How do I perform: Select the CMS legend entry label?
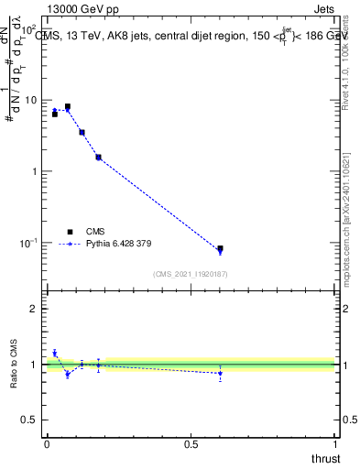click(x=95, y=232)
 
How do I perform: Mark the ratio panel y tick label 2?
click(x=35, y=309)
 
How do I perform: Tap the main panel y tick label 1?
click(x=33, y=171)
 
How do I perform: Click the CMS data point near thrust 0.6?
click(x=220, y=248)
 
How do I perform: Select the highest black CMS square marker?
click(x=68, y=106)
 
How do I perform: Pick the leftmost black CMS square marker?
click(x=55, y=115)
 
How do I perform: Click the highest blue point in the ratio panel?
click(x=55, y=353)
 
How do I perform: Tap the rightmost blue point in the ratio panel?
click(x=220, y=373)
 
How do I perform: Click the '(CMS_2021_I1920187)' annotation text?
click(x=191, y=273)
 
